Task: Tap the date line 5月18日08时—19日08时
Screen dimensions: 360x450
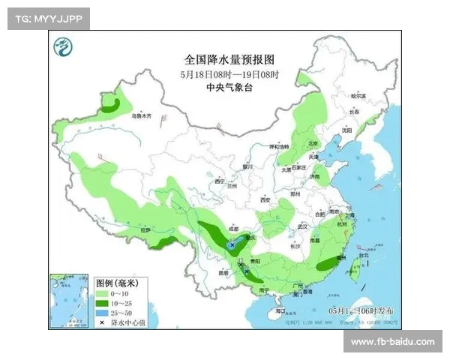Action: coord(229,74)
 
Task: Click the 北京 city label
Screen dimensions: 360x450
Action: coord(313,143)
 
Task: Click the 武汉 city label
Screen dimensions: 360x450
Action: coord(303,226)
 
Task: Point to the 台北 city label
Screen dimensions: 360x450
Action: coord(364,255)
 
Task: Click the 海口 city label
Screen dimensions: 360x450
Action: coord(280,310)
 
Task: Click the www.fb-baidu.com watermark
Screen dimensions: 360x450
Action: coord(392,342)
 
